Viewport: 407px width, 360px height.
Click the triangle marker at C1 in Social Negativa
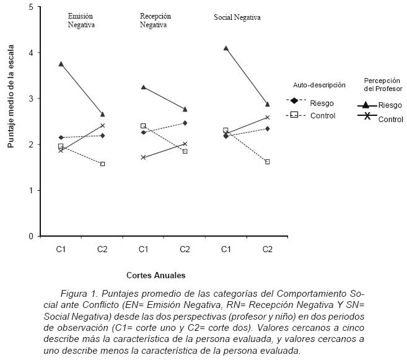226,48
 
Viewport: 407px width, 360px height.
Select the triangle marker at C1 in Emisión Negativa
61,64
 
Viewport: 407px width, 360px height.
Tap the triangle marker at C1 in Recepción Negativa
144,87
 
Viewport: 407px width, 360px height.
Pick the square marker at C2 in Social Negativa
268,162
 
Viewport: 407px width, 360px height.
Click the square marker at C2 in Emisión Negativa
102,164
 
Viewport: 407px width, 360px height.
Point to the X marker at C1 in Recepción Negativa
144,157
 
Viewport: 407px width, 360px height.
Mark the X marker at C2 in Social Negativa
268,117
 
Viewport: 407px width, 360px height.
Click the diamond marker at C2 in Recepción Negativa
185,123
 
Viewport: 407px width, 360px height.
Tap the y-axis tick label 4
30,53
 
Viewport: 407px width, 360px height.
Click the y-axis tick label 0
30,236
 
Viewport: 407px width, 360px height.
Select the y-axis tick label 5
30,7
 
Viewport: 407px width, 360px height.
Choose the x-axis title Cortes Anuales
155,274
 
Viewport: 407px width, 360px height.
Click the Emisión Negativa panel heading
81,20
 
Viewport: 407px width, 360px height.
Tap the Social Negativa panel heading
237,18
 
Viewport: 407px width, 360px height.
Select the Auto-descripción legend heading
319,85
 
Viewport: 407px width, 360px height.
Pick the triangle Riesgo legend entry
380,105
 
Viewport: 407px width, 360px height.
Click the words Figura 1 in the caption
77,293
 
